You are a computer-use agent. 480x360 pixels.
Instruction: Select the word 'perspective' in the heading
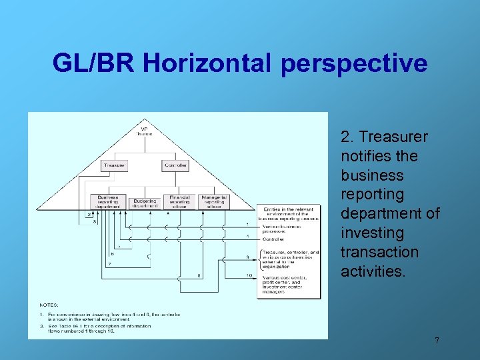(355, 63)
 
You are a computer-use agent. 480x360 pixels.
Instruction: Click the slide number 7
(437, 341)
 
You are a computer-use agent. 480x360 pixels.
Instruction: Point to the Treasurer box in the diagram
(115, 165)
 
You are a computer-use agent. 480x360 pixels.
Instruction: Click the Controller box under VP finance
(175, 165)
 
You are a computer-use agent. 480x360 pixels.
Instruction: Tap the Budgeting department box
(144, 203)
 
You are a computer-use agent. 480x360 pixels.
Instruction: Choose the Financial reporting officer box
(179, 202)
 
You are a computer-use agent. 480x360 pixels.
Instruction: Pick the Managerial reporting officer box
(213, 202)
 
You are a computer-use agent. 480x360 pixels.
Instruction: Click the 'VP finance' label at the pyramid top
(144, 131)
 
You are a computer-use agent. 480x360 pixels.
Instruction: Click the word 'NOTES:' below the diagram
(49, 304)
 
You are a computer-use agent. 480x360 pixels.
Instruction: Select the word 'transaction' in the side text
(379, 252)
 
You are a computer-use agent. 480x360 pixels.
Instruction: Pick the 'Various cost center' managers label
(282, 283)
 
